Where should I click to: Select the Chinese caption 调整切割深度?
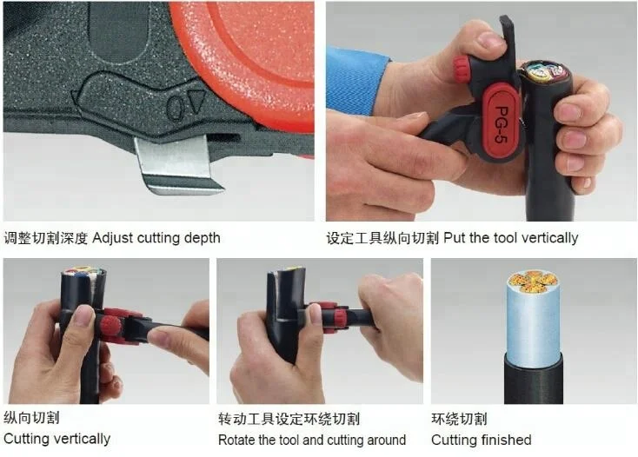[x=46, y=237]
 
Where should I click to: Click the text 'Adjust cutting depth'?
[x=156, y=237]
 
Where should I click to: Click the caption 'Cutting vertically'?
[x=57, y=439]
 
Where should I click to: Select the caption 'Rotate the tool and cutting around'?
[x=312, y=440]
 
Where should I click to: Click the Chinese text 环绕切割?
[x=460, y=419]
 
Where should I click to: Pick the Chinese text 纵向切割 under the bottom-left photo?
[x=32, y=418]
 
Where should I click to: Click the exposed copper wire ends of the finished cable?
[x=533, y=281]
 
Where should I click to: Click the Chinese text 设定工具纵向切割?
[x=383, y=237]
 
